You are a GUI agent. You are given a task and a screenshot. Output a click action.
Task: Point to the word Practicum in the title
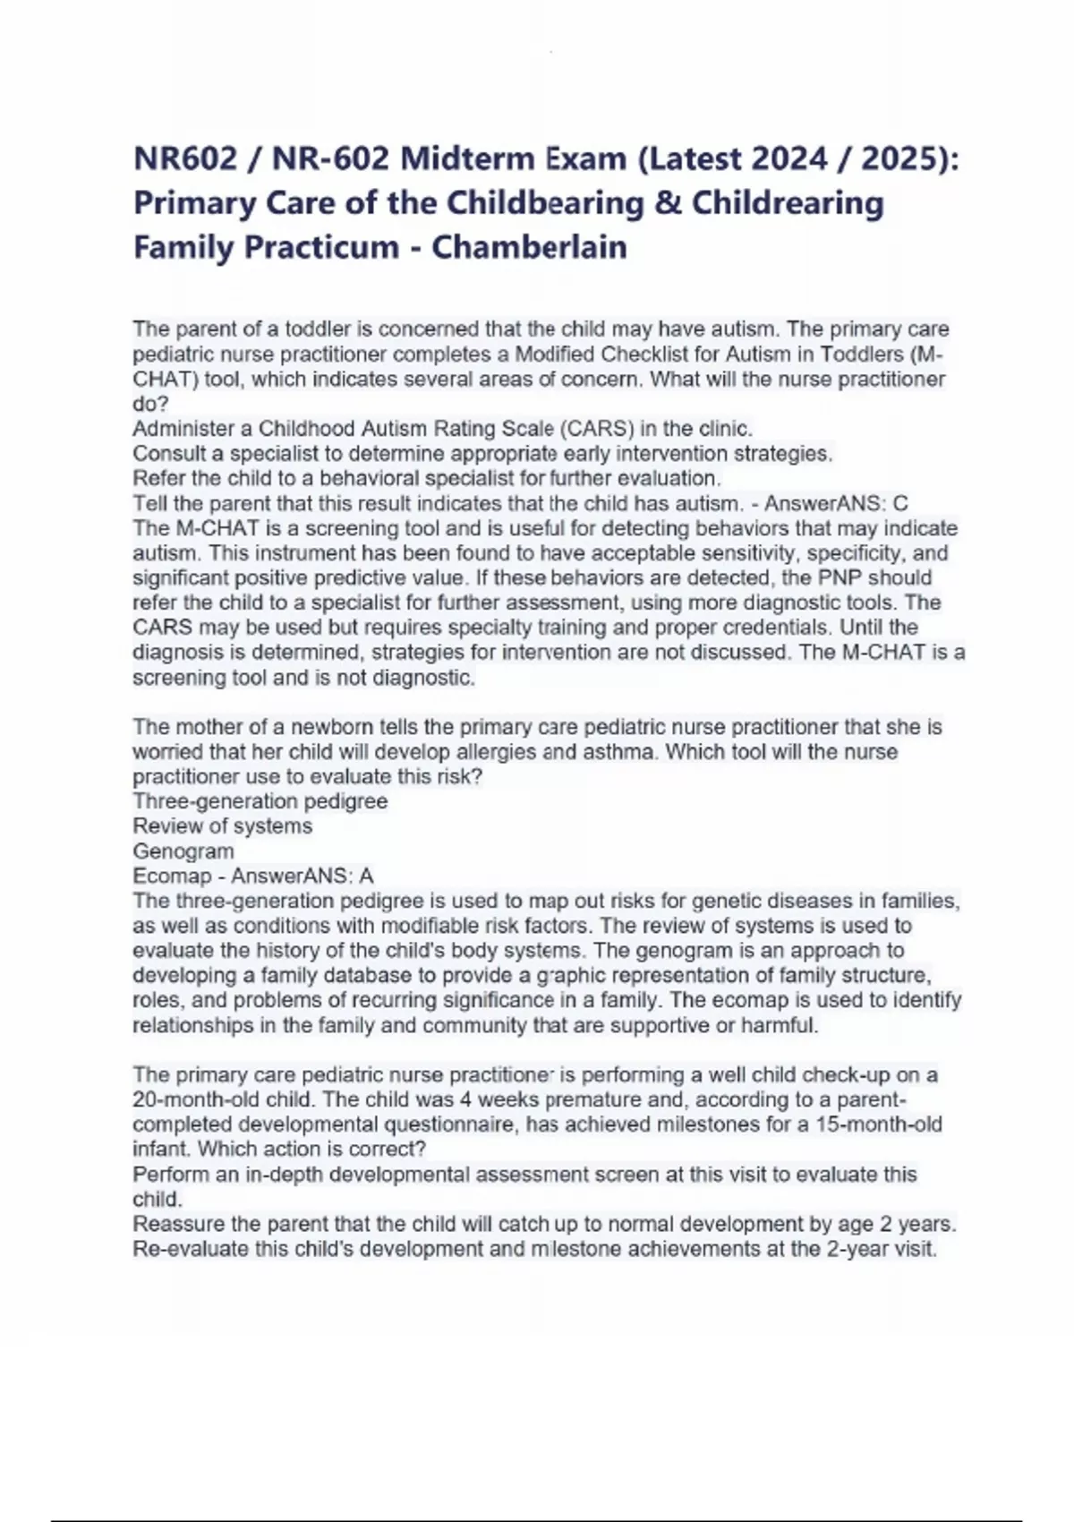(322, 246)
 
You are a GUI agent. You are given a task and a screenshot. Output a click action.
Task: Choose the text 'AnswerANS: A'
(303, 876)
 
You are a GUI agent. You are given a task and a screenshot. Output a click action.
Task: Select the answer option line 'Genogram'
(183, 851)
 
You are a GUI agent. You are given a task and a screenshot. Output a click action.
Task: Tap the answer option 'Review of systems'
(223, 826)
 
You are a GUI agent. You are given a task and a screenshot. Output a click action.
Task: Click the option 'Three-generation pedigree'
(260, 801)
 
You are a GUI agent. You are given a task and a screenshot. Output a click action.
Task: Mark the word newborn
(333, 727)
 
